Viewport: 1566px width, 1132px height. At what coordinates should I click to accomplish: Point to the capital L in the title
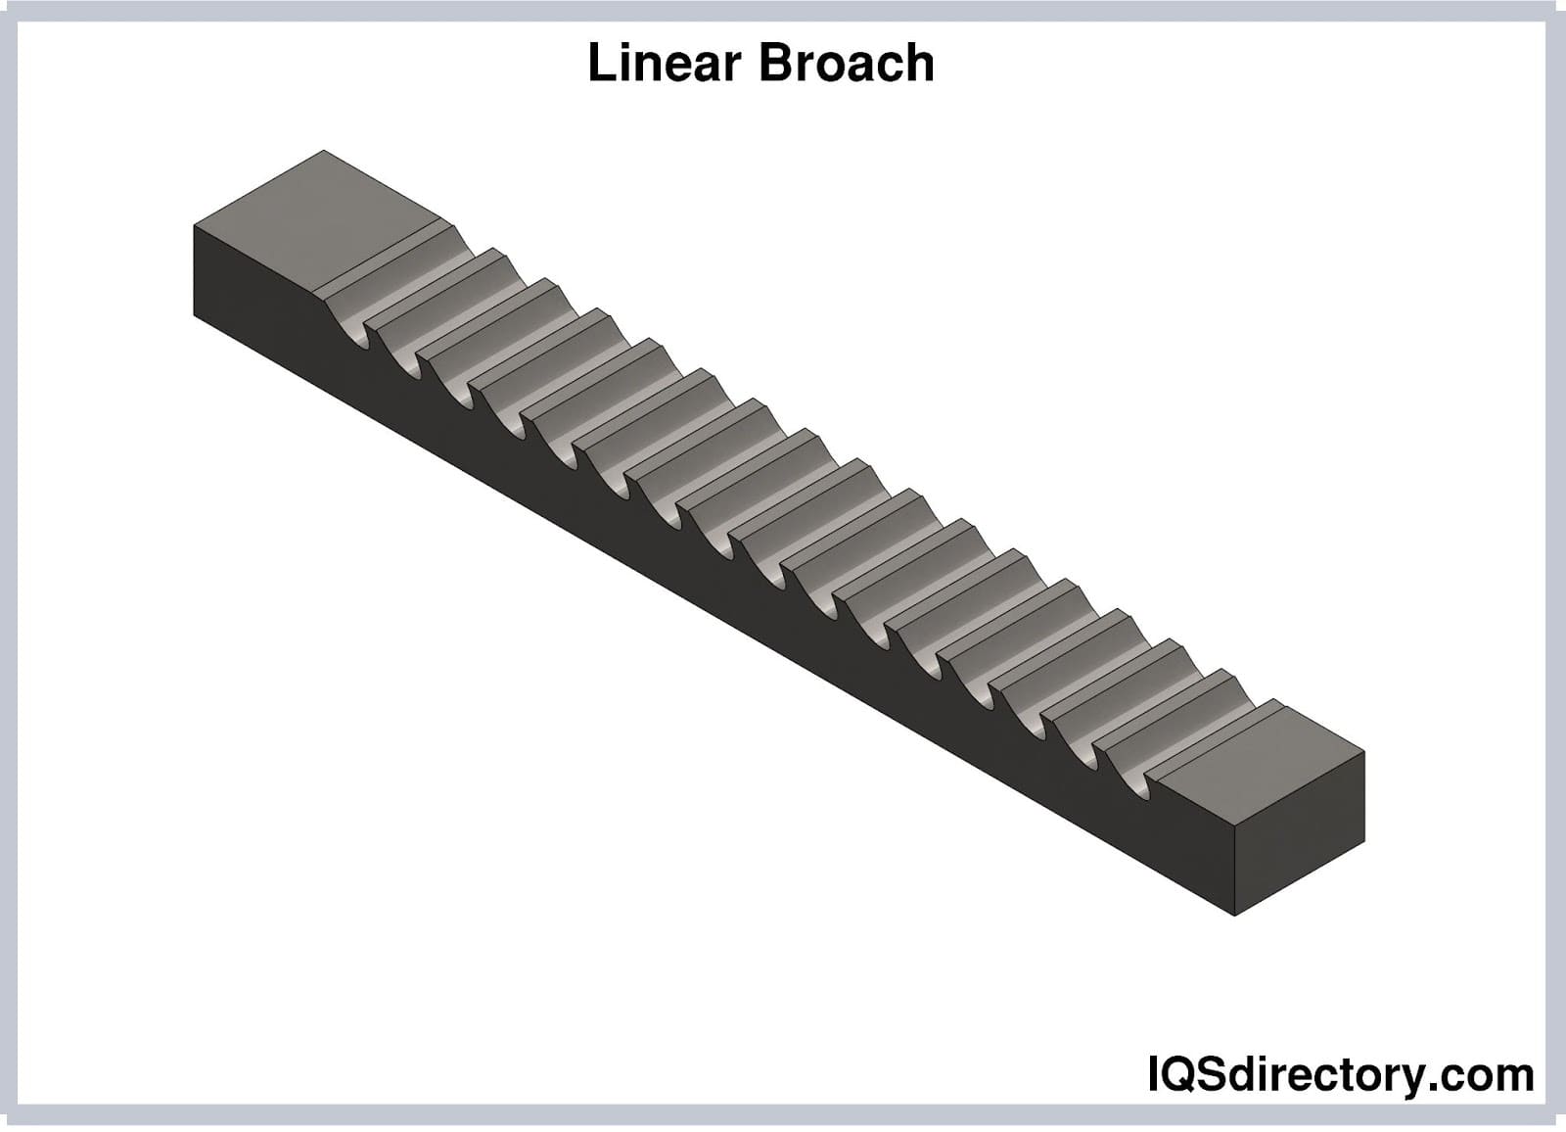598,64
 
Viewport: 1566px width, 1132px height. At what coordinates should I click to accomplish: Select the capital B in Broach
772,64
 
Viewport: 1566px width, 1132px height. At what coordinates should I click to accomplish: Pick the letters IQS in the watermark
1185,1075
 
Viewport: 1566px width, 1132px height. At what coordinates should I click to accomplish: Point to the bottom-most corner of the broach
1235,916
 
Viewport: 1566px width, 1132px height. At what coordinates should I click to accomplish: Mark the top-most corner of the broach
324,151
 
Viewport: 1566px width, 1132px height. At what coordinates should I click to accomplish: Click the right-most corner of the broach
1364,752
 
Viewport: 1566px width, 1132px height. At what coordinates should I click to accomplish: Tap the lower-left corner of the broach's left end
194,315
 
